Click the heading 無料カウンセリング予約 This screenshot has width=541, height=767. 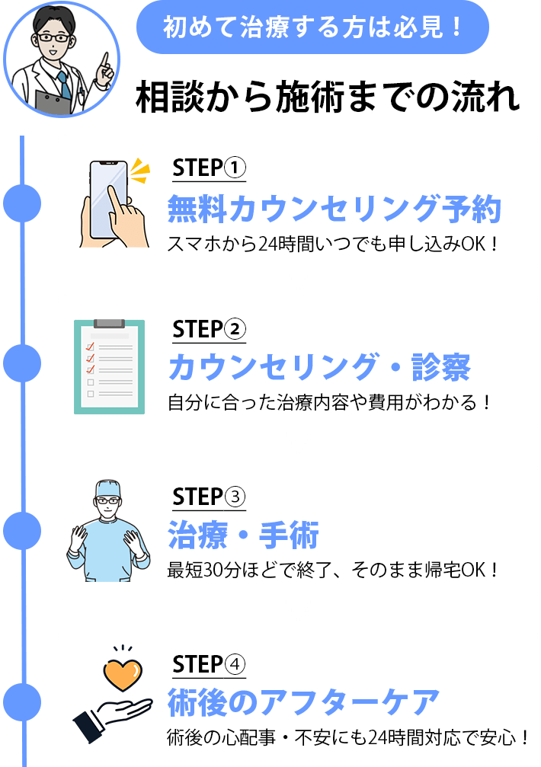pyautogui.click(x=334, y=209)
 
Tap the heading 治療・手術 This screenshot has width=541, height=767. pyautogui.click(x=243, y=536)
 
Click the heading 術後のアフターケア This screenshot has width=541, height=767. pyautogui.click(x=304, y=702)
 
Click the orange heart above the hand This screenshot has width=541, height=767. pyautogui.click(x=123, y=675)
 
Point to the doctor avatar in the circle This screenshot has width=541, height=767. pyautogui.click(x=61, y=59)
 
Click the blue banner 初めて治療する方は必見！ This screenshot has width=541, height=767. pyautogui.click(x=312, y=27)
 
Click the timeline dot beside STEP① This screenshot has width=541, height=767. pyautogui.click(x=22, y=203)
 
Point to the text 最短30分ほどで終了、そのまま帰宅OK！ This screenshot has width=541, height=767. pyautogui.click(x=333, y=570)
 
